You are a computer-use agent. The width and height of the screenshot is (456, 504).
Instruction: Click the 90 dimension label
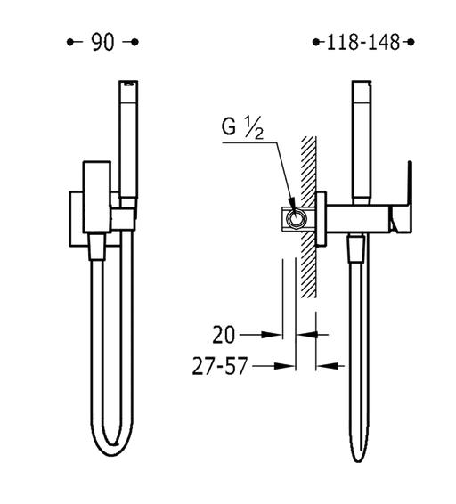tap(102, 42)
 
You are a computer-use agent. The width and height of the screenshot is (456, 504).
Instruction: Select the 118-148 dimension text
tap(363, 42)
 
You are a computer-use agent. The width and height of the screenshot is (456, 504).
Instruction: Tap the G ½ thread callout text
tap(242, 127)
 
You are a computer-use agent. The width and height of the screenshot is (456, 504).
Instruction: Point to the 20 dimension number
tap(224, 335)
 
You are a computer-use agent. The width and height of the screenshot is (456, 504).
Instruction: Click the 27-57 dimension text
tap(220, 366)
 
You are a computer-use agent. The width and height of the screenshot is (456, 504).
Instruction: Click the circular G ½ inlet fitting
tap(295, 219)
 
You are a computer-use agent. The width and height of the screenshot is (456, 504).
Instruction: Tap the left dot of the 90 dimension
tap(69, 42)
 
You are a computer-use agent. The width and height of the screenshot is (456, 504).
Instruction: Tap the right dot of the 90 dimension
tap(135, 42)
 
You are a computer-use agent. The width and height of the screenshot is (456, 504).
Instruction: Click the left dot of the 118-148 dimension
tap(316, 42)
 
